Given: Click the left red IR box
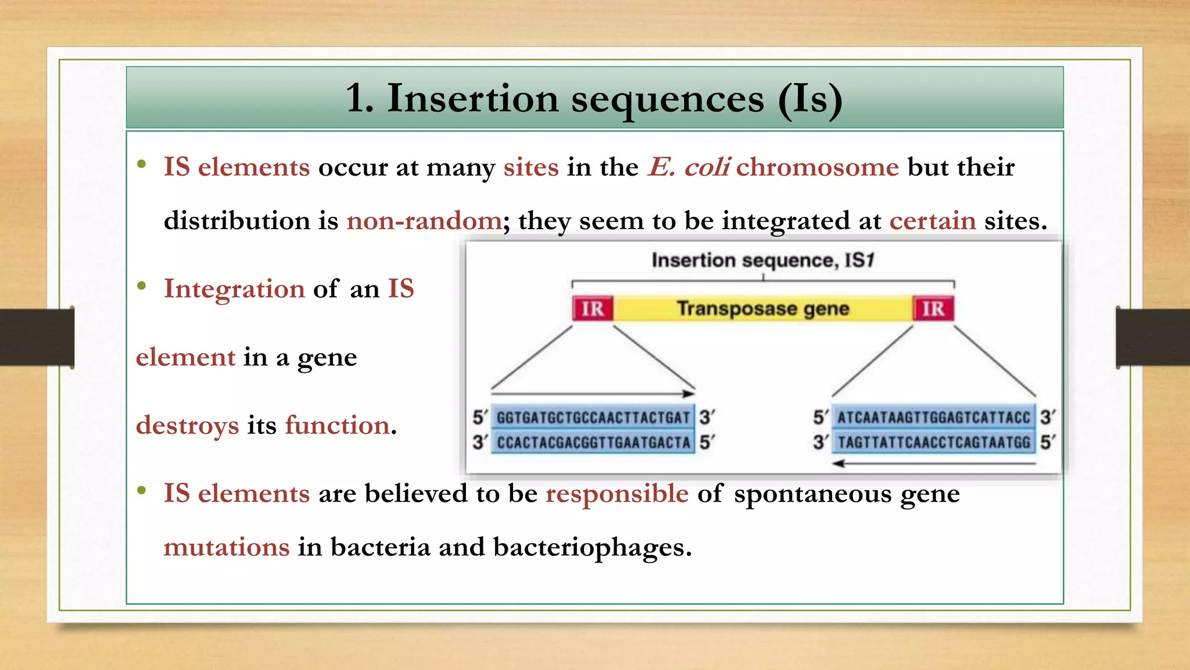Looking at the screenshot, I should [x=593, y=308].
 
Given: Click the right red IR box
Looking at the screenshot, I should [x=933, y=308].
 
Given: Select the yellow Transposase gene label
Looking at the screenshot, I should [x=763, y=308].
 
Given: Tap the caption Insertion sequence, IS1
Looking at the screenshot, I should [x=762, y=260].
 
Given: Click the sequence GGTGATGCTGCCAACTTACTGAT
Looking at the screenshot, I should [x=593, y=418].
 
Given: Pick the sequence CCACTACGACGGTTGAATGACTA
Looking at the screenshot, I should [x=593, y=443].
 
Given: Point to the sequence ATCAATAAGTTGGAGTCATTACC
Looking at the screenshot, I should [x=933, y=418].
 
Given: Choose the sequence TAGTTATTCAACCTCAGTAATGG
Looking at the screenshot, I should [x=933, y=443].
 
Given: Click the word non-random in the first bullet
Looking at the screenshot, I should [x=424, y=221].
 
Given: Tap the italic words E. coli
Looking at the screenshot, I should [x=689, y=167].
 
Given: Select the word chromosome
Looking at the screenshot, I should [x=818, y=167].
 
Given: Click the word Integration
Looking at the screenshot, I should [x=234, y=289].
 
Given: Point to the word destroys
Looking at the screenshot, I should [x=187, y=426].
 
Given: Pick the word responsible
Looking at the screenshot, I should [x=617, y=494].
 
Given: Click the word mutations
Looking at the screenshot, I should [x=227, y=547].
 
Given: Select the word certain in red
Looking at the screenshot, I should [x=933, y=221].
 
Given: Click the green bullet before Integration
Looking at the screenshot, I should [x=141, y=286].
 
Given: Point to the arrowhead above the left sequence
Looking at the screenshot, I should [x=689, y=394].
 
